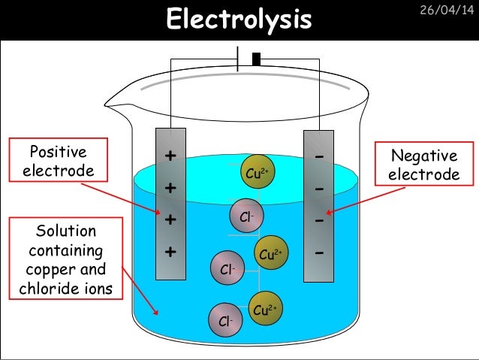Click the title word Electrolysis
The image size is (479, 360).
click(239, 20)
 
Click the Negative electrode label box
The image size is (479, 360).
click(425, 165)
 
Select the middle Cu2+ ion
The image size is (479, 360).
click(270, 254)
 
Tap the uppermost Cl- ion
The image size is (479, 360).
click(246, 216)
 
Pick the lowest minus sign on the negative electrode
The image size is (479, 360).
click(319, 253)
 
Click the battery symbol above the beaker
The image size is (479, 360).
click(247, 59)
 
